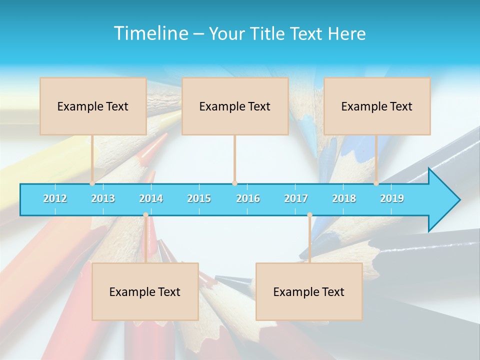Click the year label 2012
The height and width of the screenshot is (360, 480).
point(55,198)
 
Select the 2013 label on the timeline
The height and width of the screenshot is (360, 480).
point(103,198)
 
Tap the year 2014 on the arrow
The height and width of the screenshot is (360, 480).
point(151,198)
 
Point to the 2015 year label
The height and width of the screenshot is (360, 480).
point(199,198)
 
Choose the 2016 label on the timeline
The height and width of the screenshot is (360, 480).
point(248,198)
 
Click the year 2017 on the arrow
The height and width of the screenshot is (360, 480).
point(296,198)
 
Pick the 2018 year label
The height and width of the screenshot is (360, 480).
point(344,198)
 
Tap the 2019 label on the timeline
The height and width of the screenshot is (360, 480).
point(392,198)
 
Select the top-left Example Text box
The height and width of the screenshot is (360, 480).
point(93,106)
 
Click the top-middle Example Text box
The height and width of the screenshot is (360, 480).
point(235,106)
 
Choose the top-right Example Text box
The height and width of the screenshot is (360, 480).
point(377,106)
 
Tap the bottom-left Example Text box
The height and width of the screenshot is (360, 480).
point(145,291)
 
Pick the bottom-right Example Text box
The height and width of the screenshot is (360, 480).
point(309,291)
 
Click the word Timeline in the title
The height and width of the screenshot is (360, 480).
point(150,33)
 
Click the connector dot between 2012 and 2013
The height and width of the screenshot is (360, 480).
point(92,183)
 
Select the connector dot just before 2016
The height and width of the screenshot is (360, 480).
point(234,183)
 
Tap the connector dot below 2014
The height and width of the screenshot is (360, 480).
point(145,215)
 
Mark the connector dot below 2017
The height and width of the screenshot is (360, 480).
point(309,215)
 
